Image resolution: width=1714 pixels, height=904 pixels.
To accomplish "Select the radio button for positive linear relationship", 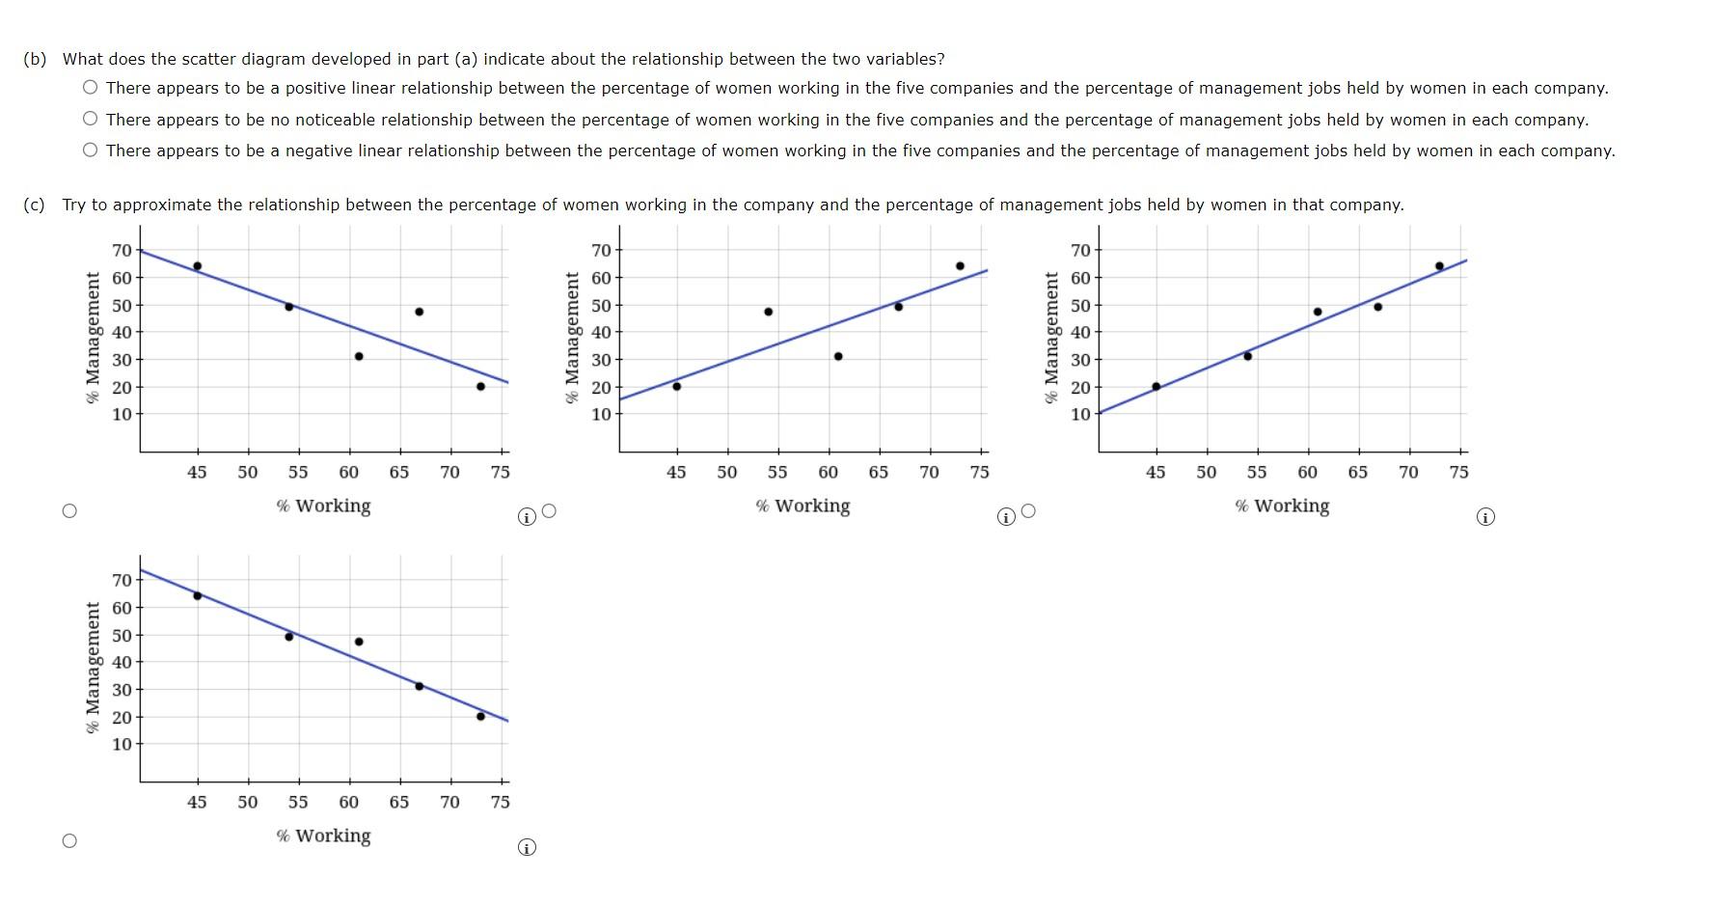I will point(90,88).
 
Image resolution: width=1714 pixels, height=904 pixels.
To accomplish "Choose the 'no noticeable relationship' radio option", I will point(90,120).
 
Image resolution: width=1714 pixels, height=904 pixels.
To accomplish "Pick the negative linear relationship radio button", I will point(90,151).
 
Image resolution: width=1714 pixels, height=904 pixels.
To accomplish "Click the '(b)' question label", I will point(35,59).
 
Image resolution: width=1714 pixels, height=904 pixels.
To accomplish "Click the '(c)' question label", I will point(35,205).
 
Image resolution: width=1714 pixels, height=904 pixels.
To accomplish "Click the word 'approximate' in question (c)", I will point(158,205).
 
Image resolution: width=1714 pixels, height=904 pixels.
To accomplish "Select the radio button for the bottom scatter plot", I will point(69,841).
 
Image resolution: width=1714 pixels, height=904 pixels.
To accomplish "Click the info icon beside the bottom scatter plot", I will point(526,847).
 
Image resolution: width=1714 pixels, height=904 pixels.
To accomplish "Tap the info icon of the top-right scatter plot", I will point(1485,517).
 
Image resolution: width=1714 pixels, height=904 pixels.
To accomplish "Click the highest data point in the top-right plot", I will point(1439,266).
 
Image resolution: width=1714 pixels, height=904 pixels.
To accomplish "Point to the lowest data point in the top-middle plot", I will point(676,386).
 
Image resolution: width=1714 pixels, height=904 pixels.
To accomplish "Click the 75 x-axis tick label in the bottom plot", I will point(500,802).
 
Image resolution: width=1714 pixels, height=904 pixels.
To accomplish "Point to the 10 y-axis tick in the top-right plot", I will point(1080,414).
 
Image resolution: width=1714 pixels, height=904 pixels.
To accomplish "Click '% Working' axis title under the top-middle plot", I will point(803,506).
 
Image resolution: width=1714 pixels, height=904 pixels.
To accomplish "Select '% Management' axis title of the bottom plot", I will point(93,668).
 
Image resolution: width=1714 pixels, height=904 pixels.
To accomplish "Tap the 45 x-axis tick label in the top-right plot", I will point(1156,472).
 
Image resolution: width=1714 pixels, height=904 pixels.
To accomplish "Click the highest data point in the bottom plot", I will point(197,595).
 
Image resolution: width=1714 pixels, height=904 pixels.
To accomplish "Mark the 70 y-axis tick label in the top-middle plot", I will point(601,251).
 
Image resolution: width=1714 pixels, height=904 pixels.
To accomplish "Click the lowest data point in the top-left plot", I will point(480,386).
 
